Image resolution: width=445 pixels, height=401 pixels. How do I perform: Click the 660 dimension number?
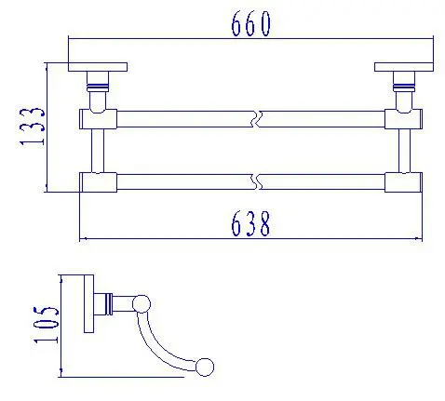pos(250,23)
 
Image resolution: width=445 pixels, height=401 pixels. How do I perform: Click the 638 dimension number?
pos(250,223)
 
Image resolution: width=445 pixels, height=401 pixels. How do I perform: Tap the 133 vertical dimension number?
pos(32,127)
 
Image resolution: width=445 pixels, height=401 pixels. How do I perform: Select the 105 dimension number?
pos(46,325)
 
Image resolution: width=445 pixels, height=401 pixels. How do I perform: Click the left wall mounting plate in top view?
pos(98,67)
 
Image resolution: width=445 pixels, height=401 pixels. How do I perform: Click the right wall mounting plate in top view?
pos(404,67)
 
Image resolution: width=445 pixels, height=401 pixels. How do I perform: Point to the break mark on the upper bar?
pos(257,119)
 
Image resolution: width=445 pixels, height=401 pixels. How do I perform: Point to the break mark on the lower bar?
pos(257,182)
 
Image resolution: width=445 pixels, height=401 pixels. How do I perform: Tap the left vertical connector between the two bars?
pos(98,151)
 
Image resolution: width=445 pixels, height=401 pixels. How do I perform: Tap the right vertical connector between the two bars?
pos(404,151)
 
